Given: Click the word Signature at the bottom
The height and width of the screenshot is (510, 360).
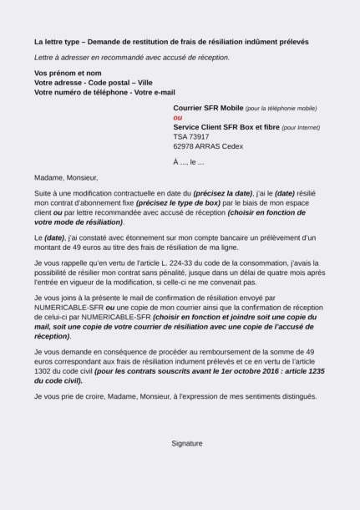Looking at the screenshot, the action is (186, 443).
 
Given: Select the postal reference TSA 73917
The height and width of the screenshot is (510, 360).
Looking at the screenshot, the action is (191, 136).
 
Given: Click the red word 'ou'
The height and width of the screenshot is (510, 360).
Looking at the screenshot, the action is (177, 118).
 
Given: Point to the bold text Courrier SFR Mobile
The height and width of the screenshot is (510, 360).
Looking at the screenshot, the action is (208, 109).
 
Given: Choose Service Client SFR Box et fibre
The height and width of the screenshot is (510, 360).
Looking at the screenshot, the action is (226, 127).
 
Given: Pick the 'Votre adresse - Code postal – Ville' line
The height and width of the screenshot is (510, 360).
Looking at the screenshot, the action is (93, 83).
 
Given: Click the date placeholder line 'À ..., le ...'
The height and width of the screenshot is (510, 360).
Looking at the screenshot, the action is (188, 161).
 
